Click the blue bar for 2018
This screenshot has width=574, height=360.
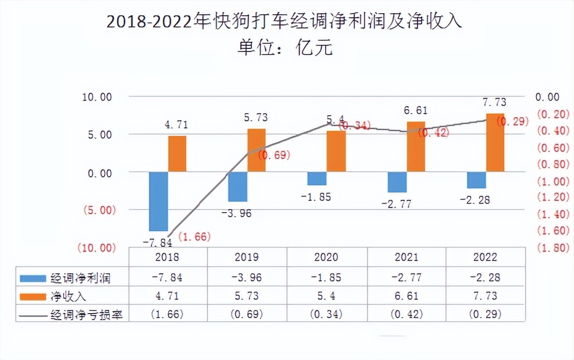(x=158, y=201)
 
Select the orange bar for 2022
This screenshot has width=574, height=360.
(x=495, y=143)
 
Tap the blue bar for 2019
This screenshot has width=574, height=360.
(x=238, y=187)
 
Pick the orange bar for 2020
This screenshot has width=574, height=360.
(x=336, y=151)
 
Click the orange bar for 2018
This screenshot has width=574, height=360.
(x=177, y=153)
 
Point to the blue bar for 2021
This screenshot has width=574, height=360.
(x=397, y=182)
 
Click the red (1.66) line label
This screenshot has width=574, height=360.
(x=194, y=236)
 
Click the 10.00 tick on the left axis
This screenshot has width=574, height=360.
(x=97, y=97)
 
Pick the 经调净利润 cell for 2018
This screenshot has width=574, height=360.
(x=168, y=277)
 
